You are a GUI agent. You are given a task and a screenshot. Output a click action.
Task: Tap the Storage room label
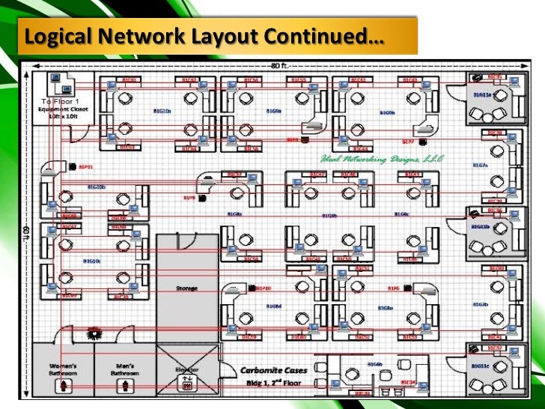pyautogui.click(x=186, y=288)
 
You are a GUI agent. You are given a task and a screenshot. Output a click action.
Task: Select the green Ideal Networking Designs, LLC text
pyautogui.click(x=383, y=159)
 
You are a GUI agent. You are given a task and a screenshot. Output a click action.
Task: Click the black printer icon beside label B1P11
pyautogui.click(x=73, y=166)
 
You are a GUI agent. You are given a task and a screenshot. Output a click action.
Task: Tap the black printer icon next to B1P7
pyautogui.click(x=422, y=141)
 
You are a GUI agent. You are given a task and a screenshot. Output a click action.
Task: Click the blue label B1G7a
pyautogui.click(x=480, y=165)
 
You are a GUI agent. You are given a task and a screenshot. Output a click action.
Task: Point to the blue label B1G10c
pyautogui.click(x=91, y=261)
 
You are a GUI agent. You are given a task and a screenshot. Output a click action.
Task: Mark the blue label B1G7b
pyautogui.click(x=480, y=304)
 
